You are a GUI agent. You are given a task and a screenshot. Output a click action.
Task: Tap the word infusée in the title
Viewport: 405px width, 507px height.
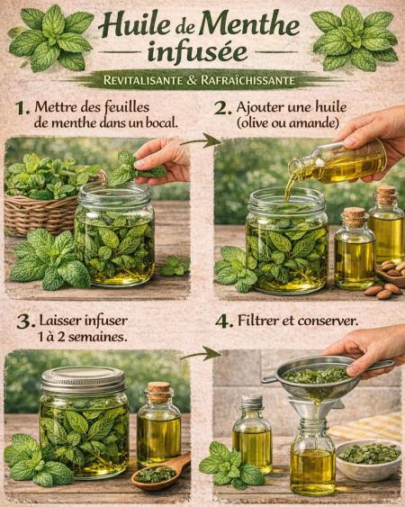(x=197, y=53)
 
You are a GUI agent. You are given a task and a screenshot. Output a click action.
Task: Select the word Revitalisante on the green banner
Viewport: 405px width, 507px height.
(x=143, y=80)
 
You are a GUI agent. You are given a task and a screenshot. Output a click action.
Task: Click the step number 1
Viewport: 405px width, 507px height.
(x=22, y=108)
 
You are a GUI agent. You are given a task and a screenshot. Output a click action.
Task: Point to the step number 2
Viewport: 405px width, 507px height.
(x=223, y=108)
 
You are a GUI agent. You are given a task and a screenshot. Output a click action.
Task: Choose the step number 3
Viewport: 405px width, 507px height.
(x=26, y=322)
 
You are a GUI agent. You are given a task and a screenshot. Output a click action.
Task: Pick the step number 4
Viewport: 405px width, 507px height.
(x=224, y=322)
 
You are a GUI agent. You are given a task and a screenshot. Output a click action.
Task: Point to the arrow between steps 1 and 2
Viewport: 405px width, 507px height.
(x=202, y=141)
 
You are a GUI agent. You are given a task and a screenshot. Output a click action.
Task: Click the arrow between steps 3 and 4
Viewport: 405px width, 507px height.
(x=201, y=354)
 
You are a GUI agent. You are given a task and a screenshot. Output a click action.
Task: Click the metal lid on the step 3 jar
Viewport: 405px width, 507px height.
(x=84, y=380)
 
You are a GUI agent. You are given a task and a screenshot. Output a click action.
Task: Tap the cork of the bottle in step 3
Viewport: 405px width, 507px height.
(x=158, y=392)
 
